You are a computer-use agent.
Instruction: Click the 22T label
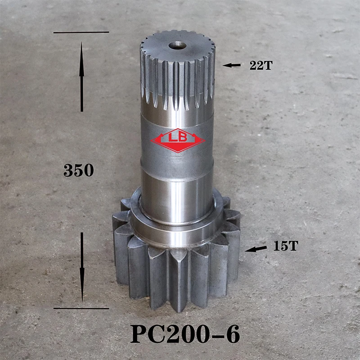261,65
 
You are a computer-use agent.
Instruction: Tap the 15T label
286,246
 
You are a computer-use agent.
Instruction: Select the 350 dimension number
78,170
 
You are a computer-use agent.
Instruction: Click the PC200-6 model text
185,334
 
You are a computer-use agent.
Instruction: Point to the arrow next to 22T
232,65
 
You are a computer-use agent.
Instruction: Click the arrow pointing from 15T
256,249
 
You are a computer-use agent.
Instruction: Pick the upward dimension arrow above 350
82,76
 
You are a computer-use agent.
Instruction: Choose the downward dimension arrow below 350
82,267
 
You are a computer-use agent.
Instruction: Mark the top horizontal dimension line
81,32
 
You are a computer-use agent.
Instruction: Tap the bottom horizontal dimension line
81,309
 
